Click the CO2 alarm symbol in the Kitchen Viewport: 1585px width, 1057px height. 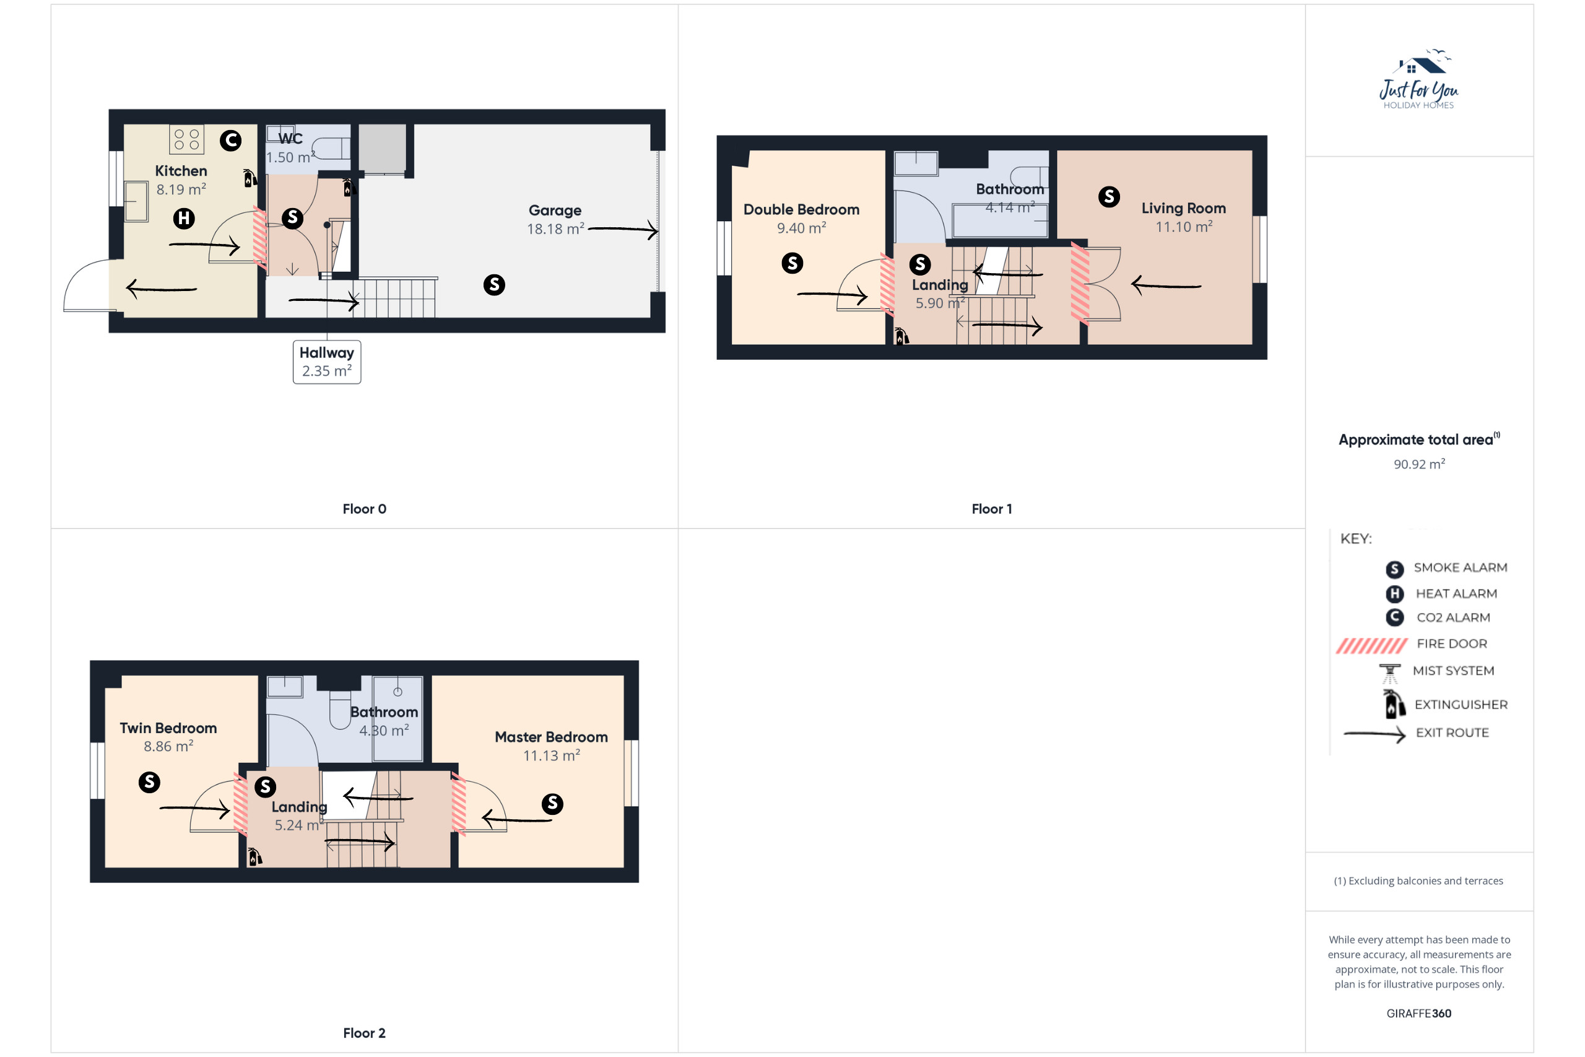click(x=230, y=140)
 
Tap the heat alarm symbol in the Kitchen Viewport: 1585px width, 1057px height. click(x=184, y=219)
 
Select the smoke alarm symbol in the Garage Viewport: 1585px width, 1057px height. click(x=494, y=284)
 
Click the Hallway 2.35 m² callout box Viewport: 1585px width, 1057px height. click(x=327, y=362)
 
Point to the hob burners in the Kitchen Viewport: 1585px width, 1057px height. click(x=186, y=139)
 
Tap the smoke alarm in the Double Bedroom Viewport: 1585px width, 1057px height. click(x=792, y=263)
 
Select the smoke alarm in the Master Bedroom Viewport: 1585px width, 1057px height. click(x=553, y=804)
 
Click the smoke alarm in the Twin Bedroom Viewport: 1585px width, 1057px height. click(x=149, y=782)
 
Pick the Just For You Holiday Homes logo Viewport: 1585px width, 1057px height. click(x=1418, y=79)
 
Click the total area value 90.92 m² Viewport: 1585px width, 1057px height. click(x=1419, y=464)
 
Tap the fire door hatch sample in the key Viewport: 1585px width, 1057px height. click(x=1371, y=646)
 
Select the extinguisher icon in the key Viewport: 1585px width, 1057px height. click(x=1394, y=704)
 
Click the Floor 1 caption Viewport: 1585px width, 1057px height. click(x=991, y=509)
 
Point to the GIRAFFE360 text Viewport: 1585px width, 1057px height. click(x=1418, y=1013)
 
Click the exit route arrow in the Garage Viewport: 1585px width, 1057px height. click(x=623, y=229)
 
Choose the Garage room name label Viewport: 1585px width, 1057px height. click(x=555, y=211)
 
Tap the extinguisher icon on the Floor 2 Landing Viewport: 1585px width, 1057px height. click(x=254, y=856)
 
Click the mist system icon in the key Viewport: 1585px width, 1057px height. click(x=1389, y=674)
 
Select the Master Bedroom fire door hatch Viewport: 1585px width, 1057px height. click(x=458, y=804)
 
